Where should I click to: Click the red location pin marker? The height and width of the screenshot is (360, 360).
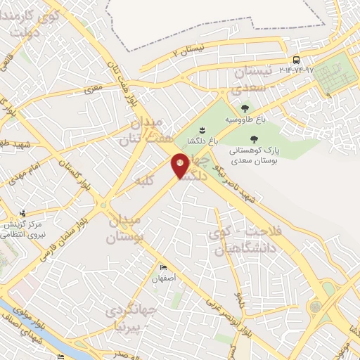pos(181,166)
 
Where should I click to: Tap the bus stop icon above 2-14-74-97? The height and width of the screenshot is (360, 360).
pos(296,60)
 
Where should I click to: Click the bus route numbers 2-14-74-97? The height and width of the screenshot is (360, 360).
pos(296,70)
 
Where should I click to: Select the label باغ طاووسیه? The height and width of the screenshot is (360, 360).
pos(245,120)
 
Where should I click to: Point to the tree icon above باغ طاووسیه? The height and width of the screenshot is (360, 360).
pos(245,108)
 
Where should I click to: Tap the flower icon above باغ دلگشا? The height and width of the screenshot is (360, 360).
pos(202,130)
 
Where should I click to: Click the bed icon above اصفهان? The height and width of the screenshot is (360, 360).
pos(164,269)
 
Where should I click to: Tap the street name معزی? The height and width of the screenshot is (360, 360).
pos(94,89)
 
